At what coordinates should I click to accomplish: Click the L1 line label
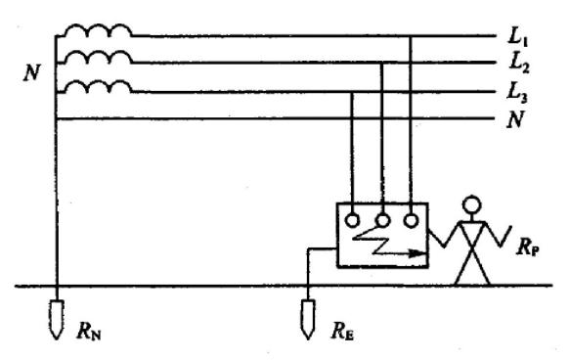click(518, 37)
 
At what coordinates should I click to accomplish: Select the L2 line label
click(519, 64)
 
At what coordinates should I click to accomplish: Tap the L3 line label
click(517, 93)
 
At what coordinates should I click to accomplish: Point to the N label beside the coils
click(31, 72)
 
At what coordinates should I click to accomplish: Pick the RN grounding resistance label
click(89, 331)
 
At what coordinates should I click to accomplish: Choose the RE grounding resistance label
click(342, 331)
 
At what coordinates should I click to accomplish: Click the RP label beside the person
click(528, 247)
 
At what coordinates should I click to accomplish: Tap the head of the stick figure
click(471, 205)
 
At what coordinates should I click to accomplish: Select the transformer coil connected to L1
click(98, 30)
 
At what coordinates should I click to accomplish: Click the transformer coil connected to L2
click(98, 58)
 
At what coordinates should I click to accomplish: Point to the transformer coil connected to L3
click(98, 86)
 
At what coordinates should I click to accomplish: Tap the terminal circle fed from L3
click(352, 221)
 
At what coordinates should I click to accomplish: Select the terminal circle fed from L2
click(382, 220)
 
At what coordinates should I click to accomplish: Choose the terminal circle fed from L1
click(411, 220)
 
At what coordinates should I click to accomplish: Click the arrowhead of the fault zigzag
click(421, 253)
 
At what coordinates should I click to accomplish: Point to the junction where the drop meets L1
click(411, 36)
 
